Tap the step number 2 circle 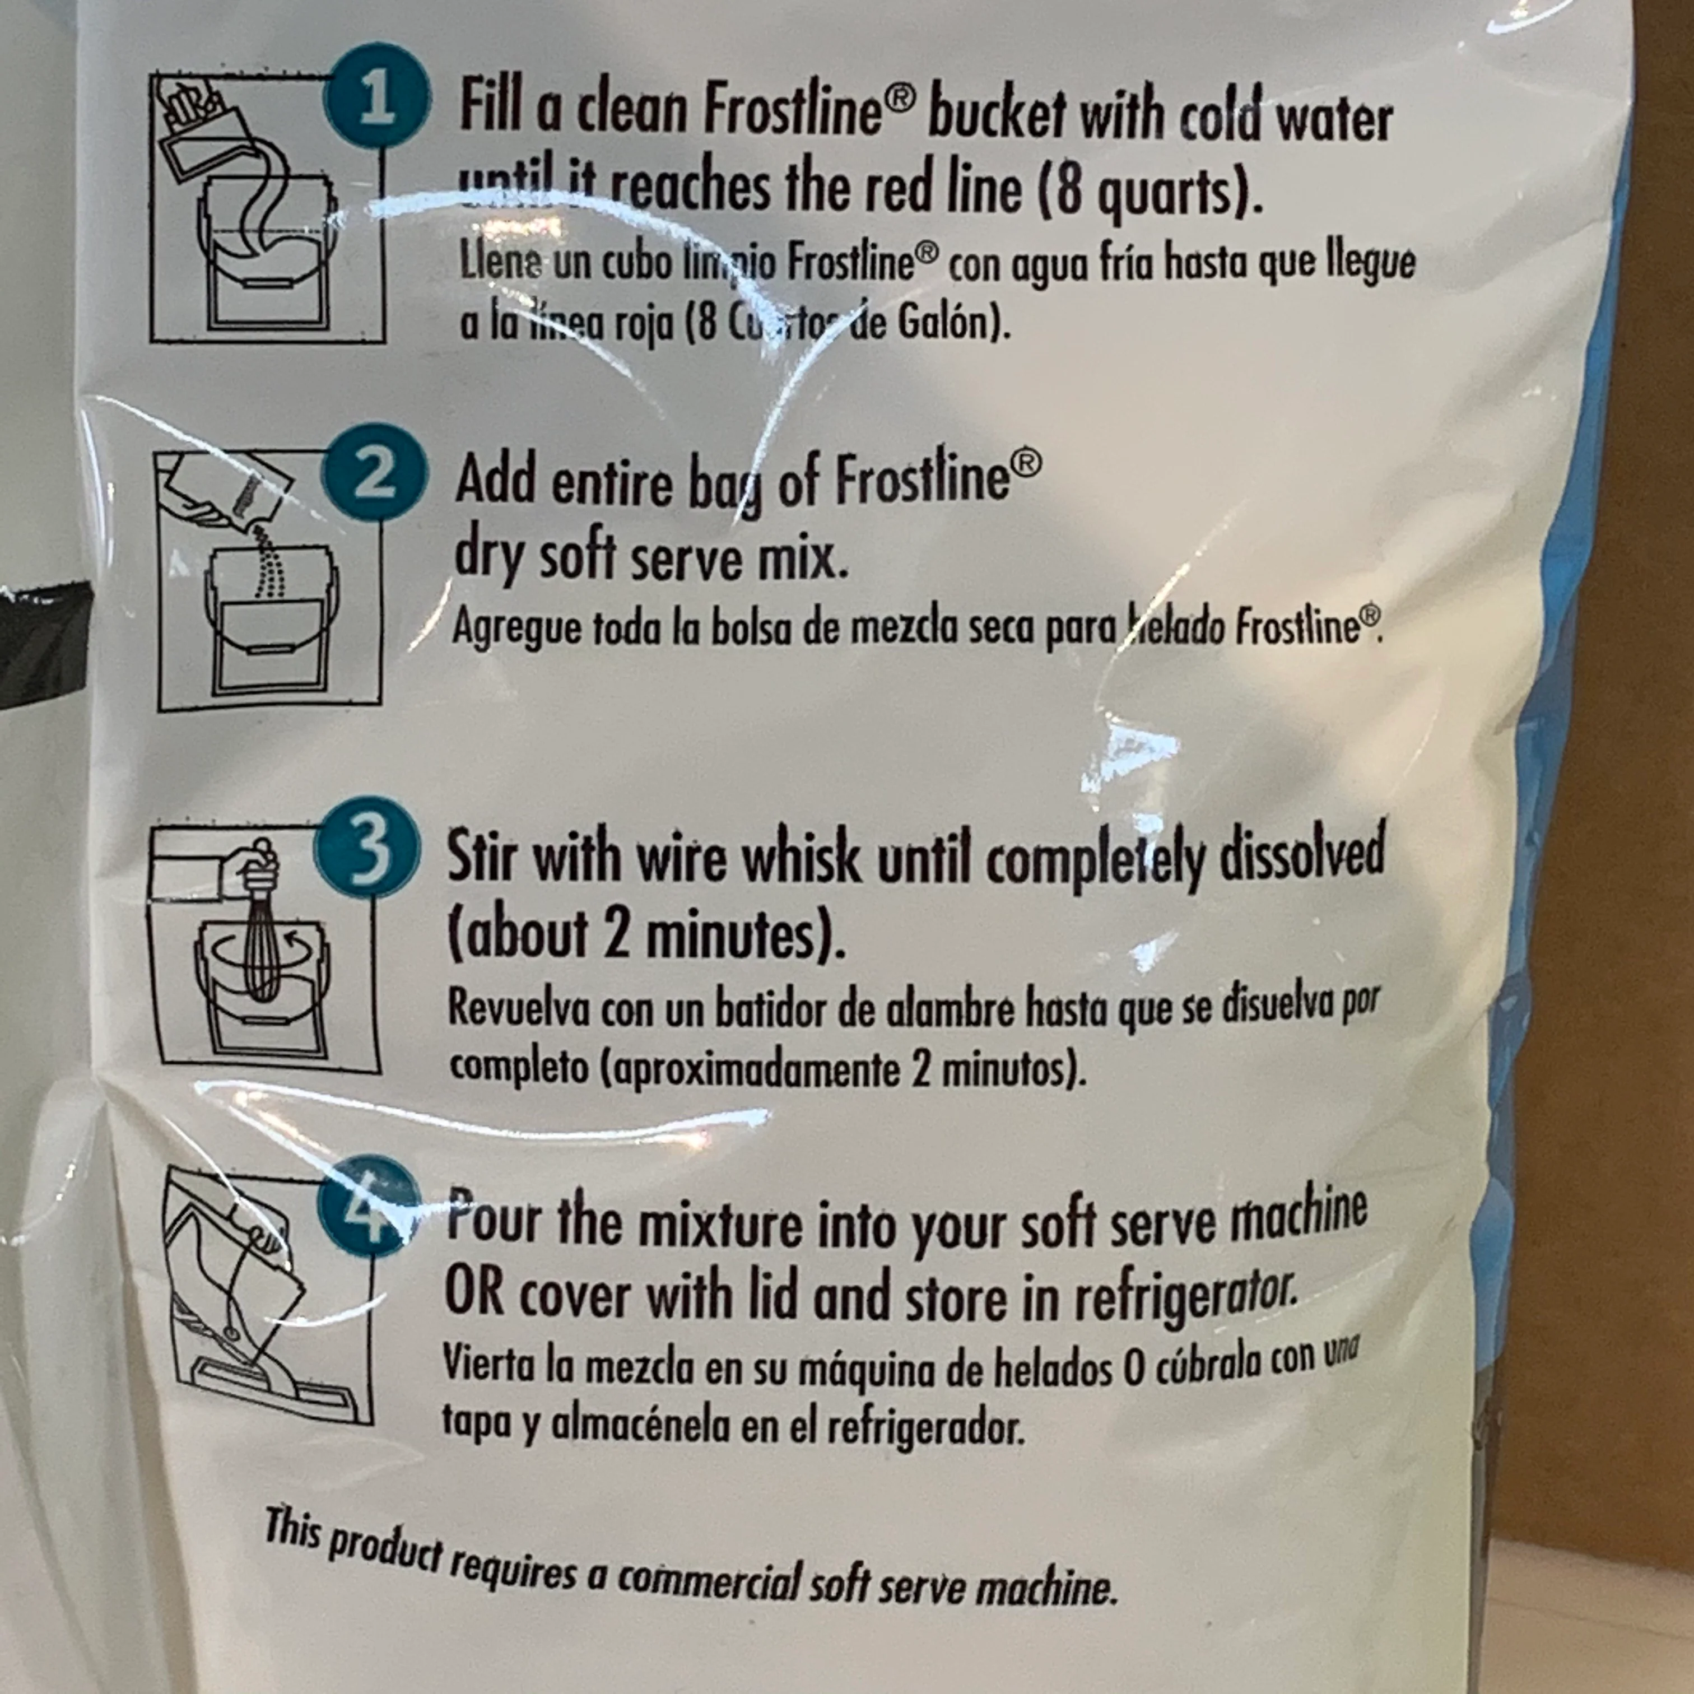(x=376, y=475)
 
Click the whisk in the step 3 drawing (x=260, y=947)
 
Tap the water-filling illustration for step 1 (x=267, y=211)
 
